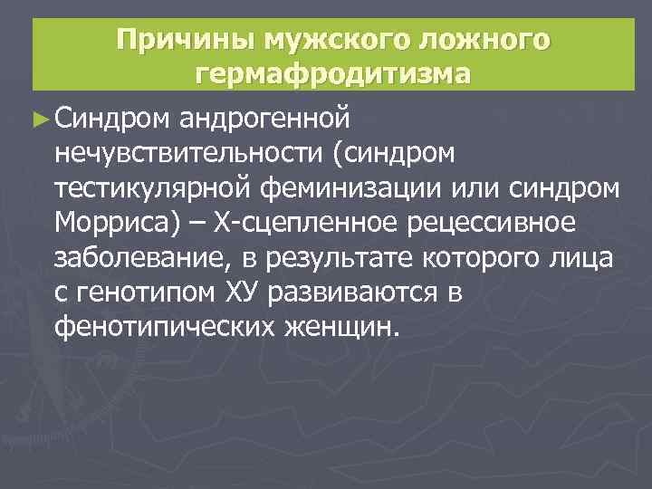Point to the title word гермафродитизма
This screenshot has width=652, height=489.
point(333,74)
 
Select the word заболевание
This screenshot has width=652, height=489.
point(142,257)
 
